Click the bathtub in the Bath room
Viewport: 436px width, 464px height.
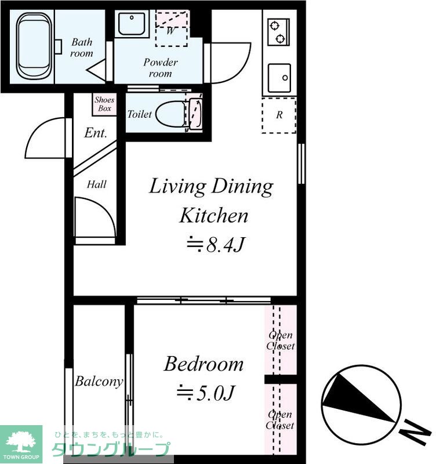(34, 46)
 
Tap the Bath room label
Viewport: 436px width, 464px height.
(82, 48)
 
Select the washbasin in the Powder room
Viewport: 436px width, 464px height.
(132, 24)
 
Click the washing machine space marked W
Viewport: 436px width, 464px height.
(172, 28)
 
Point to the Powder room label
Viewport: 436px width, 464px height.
(161, 68)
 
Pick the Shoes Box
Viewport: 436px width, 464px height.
(104, 104)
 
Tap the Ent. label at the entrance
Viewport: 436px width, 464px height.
(95, 133)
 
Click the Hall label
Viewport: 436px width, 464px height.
(96, 184)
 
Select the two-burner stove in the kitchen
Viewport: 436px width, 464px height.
(278, 32)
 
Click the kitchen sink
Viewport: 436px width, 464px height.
(279, 78)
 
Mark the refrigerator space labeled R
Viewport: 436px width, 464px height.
(279, 115)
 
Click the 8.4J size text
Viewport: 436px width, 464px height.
(216, 244)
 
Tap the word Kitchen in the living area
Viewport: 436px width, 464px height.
(214, 216)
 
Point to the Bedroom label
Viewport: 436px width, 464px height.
(204, 364)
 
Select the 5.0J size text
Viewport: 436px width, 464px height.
(206, 393)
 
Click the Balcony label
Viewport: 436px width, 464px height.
(99, 381)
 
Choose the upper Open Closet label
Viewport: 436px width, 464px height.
(281, 340)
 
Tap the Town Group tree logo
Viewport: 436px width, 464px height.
(21, 442)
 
